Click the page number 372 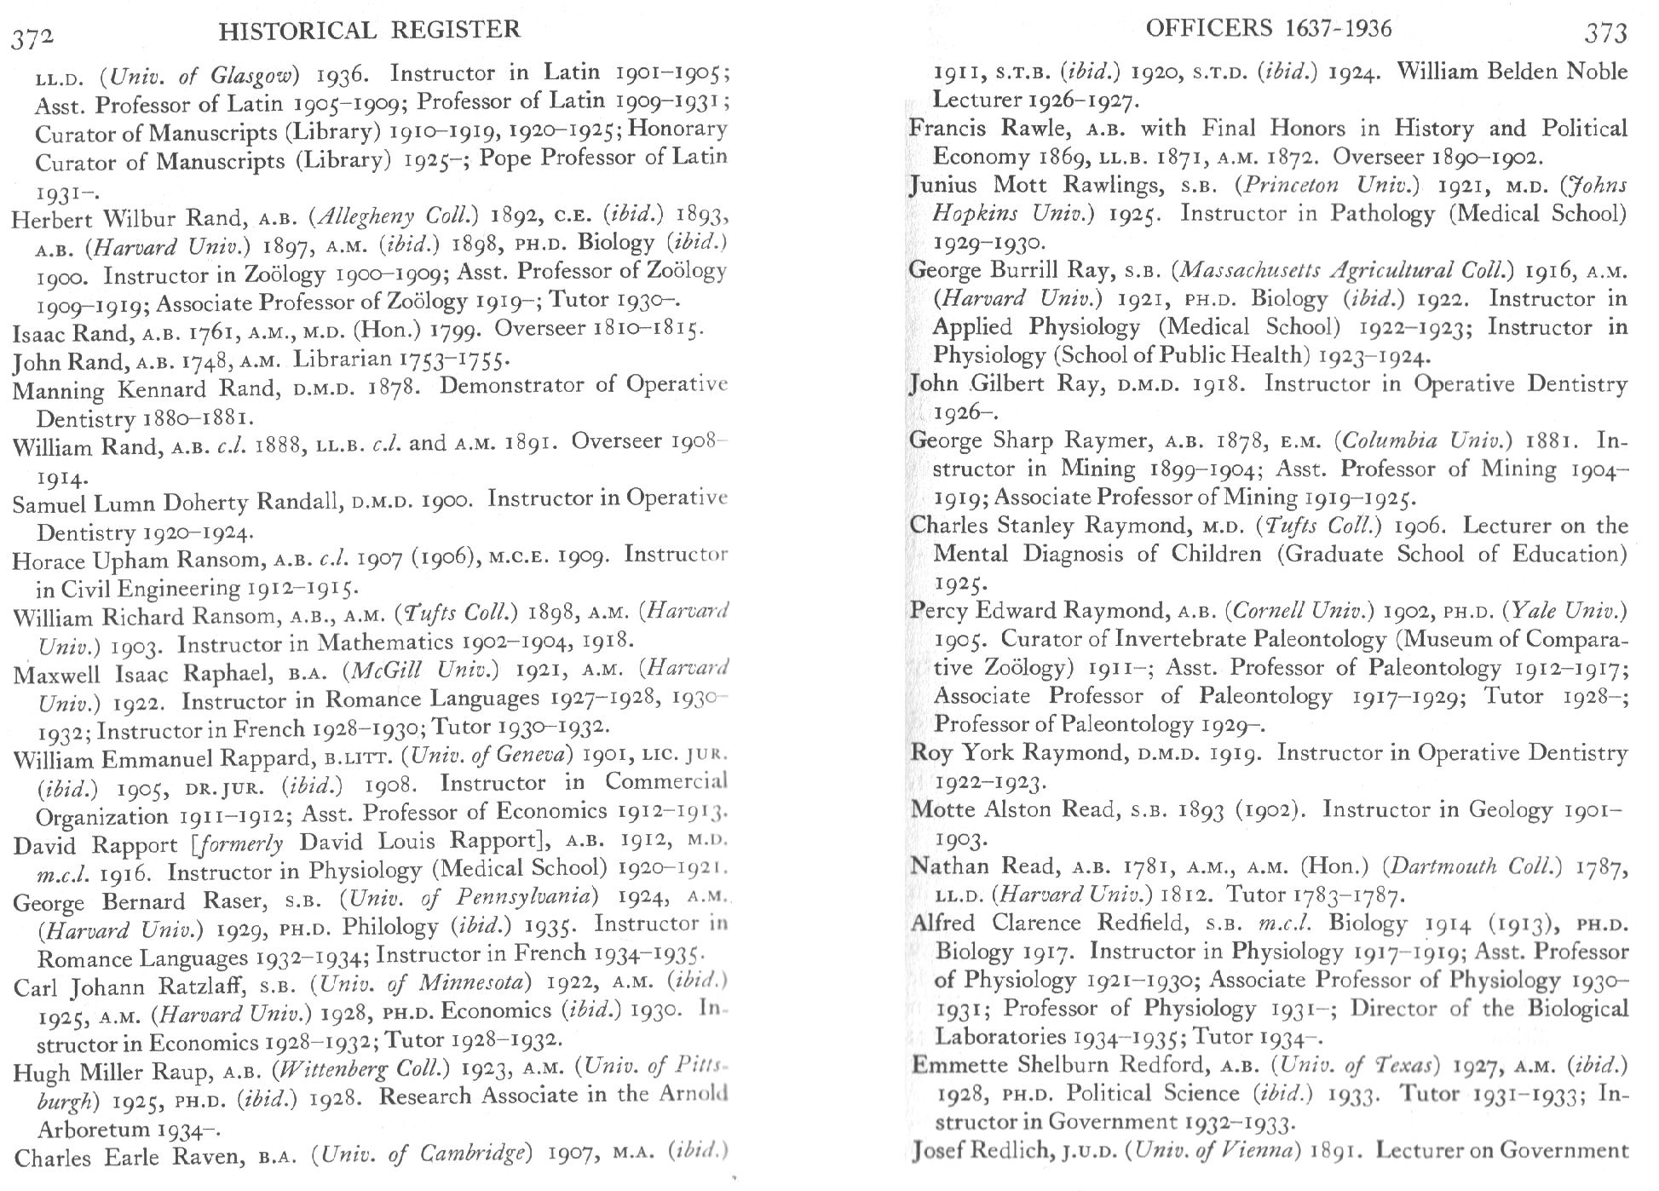(32, 36)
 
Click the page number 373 (1606, 34)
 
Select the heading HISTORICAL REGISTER (369, 31)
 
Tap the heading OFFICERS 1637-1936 (1268, 29)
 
